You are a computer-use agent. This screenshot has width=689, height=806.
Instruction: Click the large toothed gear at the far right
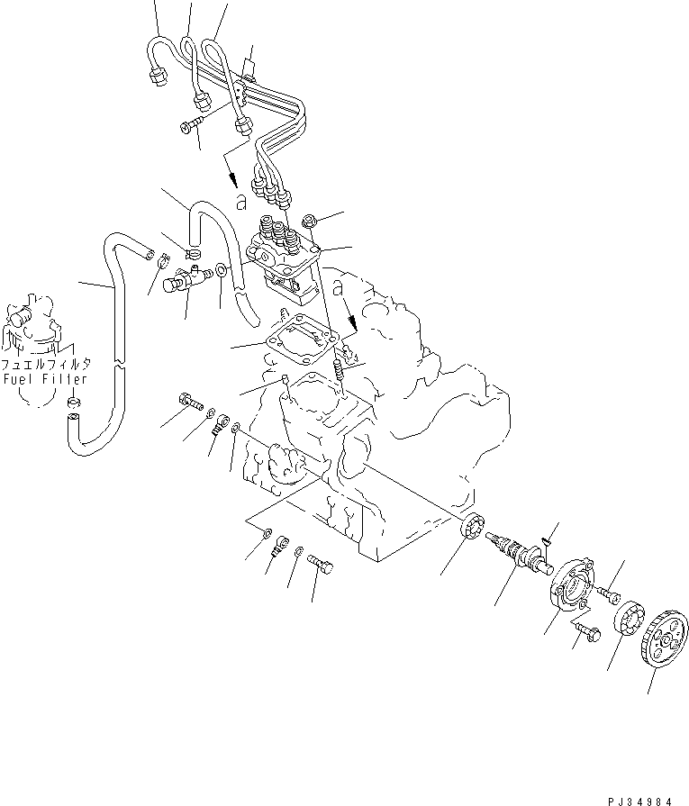(x=663, y=640)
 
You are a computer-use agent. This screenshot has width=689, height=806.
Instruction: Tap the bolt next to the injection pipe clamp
(x=192, y=127)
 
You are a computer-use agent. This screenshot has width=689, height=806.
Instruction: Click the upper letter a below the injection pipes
(x=239, y=201)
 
